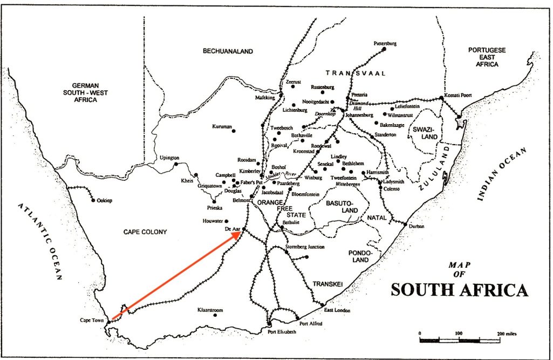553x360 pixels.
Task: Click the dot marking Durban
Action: (x=405, y=223)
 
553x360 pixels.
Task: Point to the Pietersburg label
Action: (x=385, y=43)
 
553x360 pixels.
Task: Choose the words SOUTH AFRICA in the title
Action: (x=459, y=290)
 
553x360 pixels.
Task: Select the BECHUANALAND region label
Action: (x=228, y=51)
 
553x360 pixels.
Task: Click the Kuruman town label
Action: (x=222, y=127)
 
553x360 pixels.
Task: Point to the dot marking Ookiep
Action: (x=94, y=200)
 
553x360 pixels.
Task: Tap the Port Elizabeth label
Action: (x=282, y=332)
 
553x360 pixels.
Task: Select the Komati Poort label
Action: (x=458, y=95)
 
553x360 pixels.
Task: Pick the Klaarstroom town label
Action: (x=210, y=310)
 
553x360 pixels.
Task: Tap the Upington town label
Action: (x=169, y=158)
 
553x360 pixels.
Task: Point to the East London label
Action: (x=337, y=310)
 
